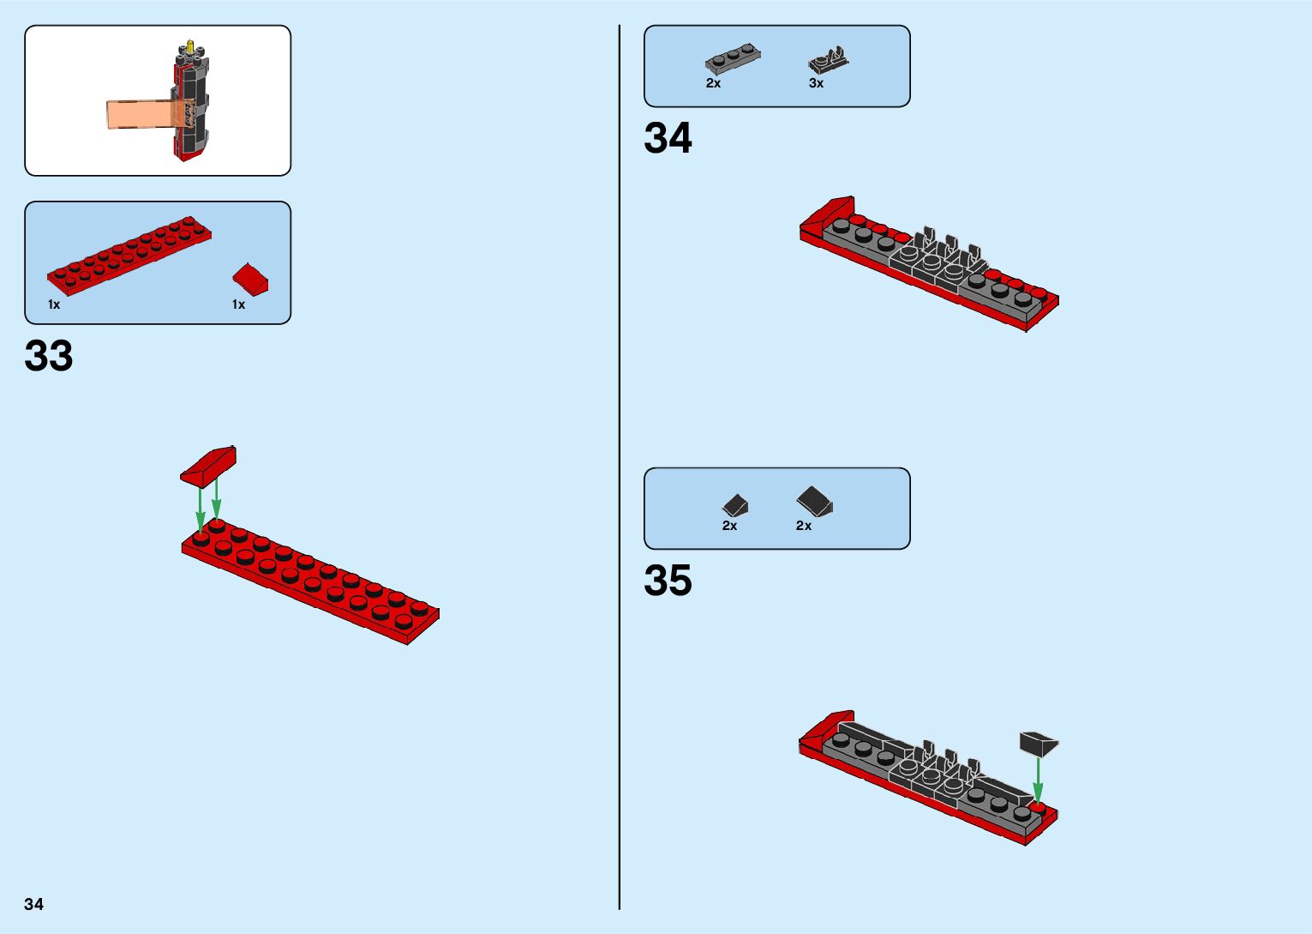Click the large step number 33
click(49, 356)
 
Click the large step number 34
click(668, 138)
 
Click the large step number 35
click(668, 581)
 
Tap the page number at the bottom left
click(33, 904)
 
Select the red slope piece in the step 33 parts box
click(250, 279)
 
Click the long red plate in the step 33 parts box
click(129, 251)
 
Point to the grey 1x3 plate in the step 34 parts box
click(733, 58)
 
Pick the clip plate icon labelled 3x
click(829, 59)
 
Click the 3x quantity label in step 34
click(816, 83)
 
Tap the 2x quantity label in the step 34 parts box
click(713, 83)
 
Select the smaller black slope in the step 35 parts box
click(735, 505)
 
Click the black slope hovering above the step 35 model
click(1039, 743)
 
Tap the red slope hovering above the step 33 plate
click(208, 465)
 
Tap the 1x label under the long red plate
click(54, 304)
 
